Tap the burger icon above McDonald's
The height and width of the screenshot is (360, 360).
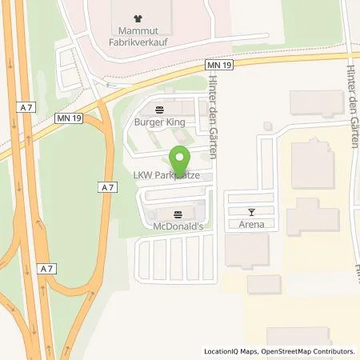pos(177,214)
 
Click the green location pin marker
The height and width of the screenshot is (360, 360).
pos(181,157)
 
